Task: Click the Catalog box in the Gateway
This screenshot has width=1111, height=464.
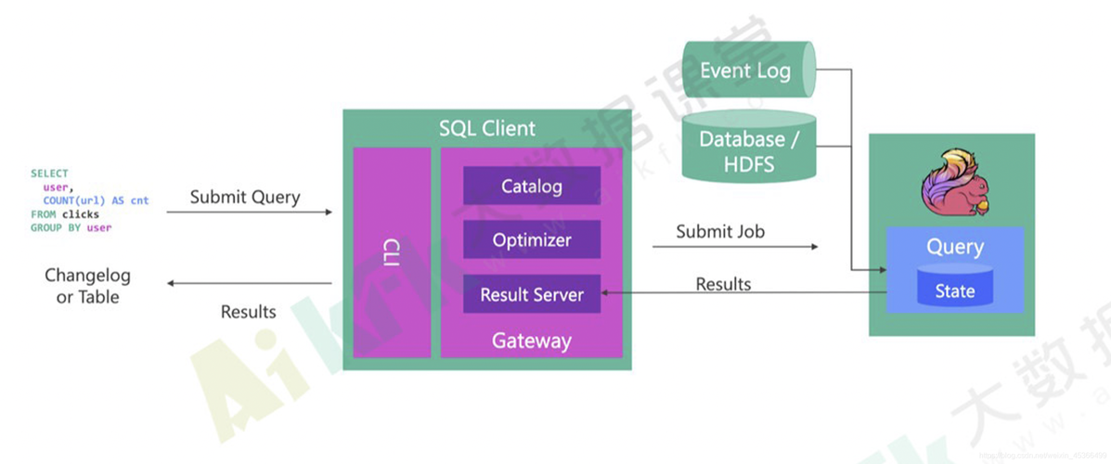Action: tap(532, 186)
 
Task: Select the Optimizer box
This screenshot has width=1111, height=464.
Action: tap(532, 239)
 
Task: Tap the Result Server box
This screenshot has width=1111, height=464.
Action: tap(532, 294)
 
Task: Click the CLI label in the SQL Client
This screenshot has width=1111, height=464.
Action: tap(392, 251)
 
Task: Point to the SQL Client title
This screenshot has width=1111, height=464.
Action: tap(487, 128)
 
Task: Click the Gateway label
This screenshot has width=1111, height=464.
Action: tap(532, 341)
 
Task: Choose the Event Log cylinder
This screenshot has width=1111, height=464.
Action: tap(748, 71)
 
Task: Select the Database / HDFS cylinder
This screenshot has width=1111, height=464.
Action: tap(748, 150)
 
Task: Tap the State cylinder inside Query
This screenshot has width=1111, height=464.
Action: tap(954, 290)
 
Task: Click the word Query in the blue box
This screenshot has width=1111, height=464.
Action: tap(954, 247)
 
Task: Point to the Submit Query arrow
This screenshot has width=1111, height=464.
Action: tap(249, 213)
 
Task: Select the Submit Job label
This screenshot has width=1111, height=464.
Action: tap(720, 231)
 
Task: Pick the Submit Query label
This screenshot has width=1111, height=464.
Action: tap(245, 197)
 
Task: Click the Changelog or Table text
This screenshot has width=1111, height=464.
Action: tap(88, 286)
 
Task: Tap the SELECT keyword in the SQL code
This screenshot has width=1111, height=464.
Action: tap(49, 174)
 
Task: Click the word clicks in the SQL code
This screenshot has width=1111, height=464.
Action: tap(81, 214)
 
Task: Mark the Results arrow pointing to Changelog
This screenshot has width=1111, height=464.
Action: tap(249, 283)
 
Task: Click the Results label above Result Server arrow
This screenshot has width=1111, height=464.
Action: tap(723, 284)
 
